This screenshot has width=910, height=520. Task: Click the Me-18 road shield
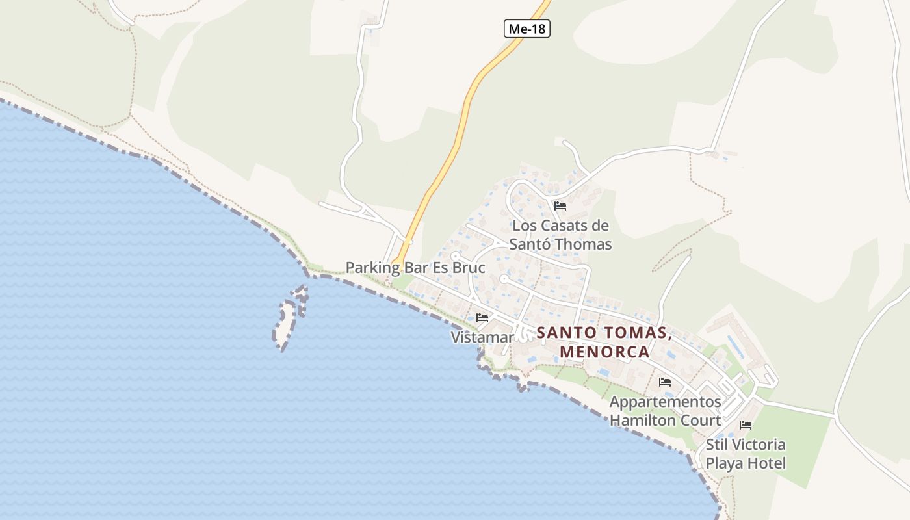click(527, 29)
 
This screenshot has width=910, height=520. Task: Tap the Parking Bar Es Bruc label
click(415, 267)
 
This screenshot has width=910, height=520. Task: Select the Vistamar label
click(482, 337)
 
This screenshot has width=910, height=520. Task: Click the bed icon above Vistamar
click(482, 318)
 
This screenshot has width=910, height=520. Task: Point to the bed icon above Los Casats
click(560, 206)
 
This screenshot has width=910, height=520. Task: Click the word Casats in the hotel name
click(572, 226)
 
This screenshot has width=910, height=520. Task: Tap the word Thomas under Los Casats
click(588, 244)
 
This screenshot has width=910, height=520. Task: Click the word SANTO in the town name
click(564, 333)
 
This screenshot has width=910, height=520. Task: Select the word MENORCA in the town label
click(604, 352)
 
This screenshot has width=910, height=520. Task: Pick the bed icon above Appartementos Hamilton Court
click(665, 382)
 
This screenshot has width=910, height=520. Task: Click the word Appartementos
click(665, 402)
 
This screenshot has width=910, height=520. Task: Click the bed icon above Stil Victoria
click(746, 425)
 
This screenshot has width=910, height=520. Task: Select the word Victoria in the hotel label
click(758, 445)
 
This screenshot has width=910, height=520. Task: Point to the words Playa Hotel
click(746, 463)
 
